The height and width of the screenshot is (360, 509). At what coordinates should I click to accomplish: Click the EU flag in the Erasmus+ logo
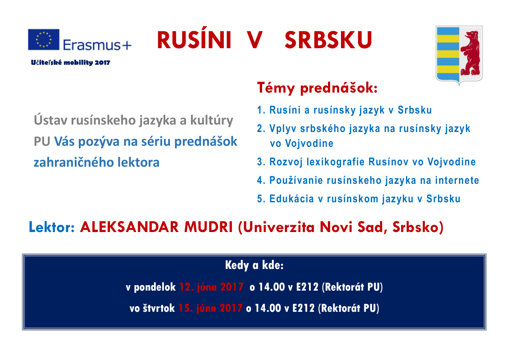[x=44, y=40]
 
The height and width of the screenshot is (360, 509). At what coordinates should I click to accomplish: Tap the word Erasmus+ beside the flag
[x=97, y=45]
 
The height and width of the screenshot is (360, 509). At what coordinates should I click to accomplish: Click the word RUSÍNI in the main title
[x=194, y=40]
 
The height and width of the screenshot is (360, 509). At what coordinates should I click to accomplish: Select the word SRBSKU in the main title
[x=328, y=40]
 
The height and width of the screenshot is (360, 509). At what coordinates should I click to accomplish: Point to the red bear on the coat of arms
[x=470, y=53]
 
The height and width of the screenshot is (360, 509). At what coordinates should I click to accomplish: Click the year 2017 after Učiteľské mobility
[x=102, y=63]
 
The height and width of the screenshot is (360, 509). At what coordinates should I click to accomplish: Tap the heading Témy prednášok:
[x=317, y=88]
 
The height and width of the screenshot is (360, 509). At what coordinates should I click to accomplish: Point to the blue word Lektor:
[x=52, y=227]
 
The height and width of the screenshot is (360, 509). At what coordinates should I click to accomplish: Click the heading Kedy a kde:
[x=254, y=265]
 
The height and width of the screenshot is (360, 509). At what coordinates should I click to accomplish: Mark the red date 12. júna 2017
[x=211, y=287]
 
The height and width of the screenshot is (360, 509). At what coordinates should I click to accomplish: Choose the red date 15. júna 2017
[x=210, y=308]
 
